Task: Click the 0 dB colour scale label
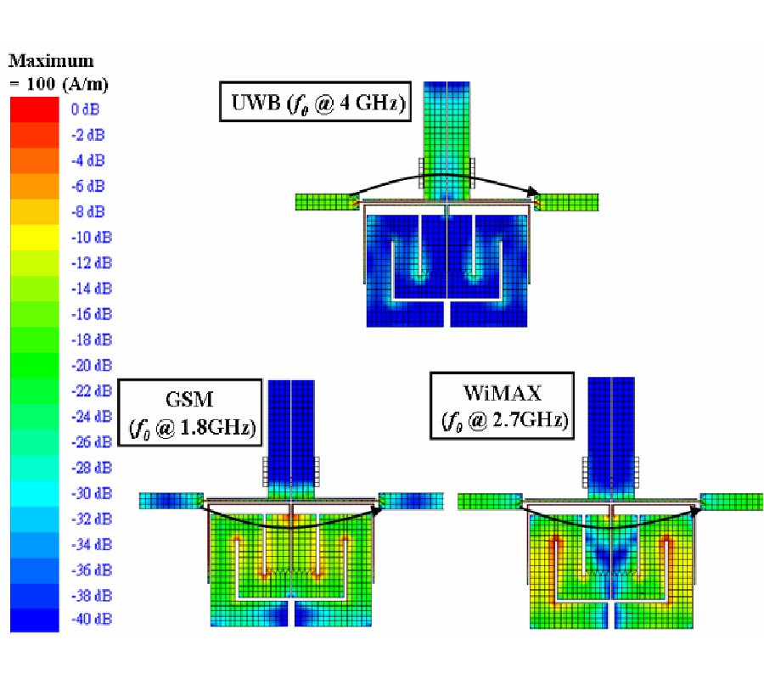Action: pyautogui.click(x=85, y=109)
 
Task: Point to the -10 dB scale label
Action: pyautogui.click(x=92, y=238)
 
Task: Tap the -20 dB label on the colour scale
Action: pyautogui.click(x=92, y=365)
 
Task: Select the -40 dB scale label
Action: pyautogui.click(x=92, y=619)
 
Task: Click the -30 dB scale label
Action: pyautogui.click(x=92, y=493)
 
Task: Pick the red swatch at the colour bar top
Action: pyautogui.click(x=35, y=109)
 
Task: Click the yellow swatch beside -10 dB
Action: pyautogui.click(x=35, y=238)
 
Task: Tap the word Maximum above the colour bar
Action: pyautogui.click(x=51, y=61)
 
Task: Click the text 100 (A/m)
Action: pyautogui.click(x=67, y=84)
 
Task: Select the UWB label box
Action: pyautogui.click(x=315, y=102)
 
